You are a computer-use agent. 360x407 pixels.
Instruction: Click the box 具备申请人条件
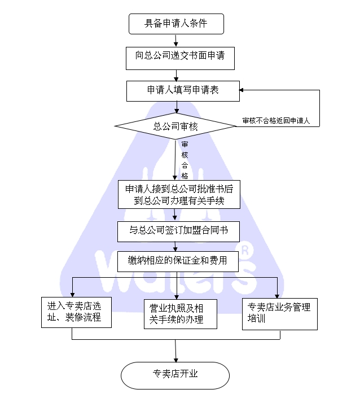[x=176, y=24]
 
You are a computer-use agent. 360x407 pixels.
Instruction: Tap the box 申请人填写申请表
[x=183, y=90]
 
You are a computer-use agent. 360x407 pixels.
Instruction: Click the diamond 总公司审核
[x=175, y=126]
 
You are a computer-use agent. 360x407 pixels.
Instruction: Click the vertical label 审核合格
[x=185, y=160]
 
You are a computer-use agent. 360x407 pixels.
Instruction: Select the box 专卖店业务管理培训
[x=280, y=314]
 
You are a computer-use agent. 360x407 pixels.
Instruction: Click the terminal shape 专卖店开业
[x=175, y=374]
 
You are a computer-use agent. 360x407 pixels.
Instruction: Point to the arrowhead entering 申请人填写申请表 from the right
[x=242, y=90]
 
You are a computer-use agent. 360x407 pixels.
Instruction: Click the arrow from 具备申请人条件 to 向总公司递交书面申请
[x=176, y=40]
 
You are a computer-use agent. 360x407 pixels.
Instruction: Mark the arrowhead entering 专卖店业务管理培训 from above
[x=278, y=295]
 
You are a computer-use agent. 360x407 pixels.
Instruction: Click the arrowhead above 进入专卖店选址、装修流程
[x=73, y=294]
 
